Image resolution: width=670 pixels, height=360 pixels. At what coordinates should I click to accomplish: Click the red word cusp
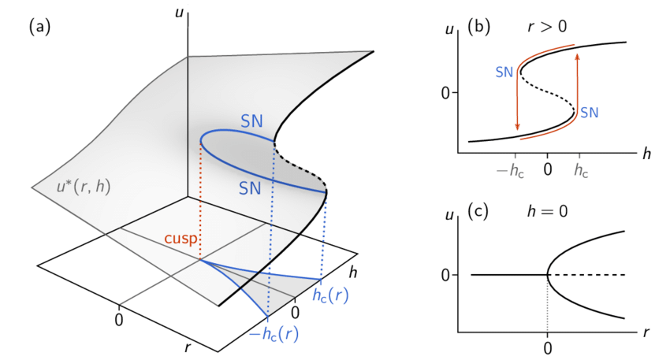pos(181,239)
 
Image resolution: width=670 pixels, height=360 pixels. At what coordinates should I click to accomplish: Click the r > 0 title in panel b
pos(549,27)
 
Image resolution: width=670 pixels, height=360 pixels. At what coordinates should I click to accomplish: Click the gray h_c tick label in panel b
pos(580,170)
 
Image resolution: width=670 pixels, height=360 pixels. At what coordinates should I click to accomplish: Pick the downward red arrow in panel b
pos(517,102)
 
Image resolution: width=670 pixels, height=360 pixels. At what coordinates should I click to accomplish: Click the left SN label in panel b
pos(504,72)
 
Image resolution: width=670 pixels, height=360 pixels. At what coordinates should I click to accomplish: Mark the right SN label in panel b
pos(590,113)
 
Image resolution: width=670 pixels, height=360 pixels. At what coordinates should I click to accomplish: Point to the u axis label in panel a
pos(177,10)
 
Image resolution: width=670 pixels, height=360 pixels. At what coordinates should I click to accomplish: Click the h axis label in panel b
pos(646,154)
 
